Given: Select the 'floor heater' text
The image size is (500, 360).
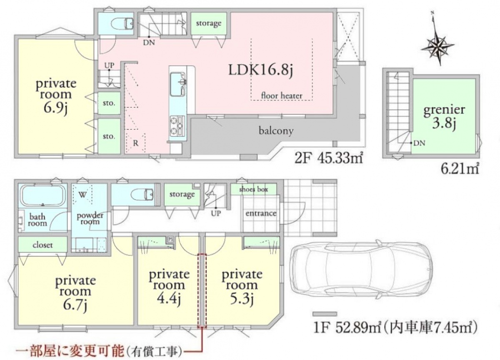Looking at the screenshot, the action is click(x=282, y=96).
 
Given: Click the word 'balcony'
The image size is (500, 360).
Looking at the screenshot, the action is click(x=276, y=131).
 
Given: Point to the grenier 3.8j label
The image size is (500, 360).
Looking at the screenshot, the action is click(x=444, y=117).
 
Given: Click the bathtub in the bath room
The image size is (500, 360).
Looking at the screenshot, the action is click(x=42, y=196).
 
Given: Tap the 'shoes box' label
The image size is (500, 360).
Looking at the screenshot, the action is click(x=253, y=190).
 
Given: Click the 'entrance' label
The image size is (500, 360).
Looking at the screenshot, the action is click(x=261, y=213).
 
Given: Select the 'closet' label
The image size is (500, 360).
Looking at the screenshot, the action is click(x=42, y=245).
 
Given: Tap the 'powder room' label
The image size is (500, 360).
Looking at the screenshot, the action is click(x=90, y=219).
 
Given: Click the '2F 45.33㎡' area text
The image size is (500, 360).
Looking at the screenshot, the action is click(x=329, y=158).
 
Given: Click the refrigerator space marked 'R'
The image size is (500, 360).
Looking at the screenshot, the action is click(x=135, y=143).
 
